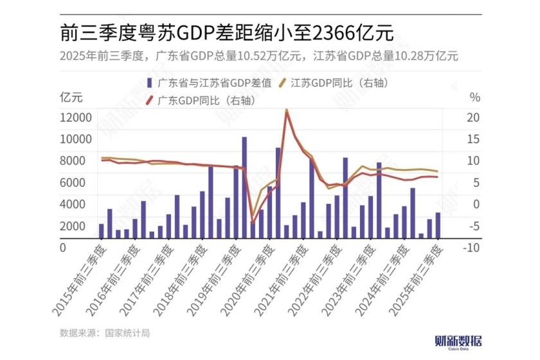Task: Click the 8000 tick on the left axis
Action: tap(78, 161)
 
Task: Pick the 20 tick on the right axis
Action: tap(473, 118)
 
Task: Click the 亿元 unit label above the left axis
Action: tap(71, 98)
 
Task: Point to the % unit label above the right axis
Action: tap(474, 98)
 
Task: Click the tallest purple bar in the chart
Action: tap(244, 186)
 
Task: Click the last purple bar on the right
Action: tap(438, 225)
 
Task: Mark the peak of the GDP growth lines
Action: tap(286, 111)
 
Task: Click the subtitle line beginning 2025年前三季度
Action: tap(257, 55)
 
